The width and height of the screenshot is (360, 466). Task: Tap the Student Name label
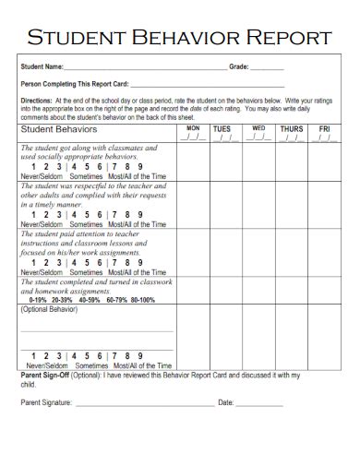click(x=42, y=66)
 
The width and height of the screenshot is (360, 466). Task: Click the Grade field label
click(x=238, y=66)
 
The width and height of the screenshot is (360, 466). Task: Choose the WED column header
click(x=258, y=127)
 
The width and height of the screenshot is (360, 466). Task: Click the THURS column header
click(x=291, y=128)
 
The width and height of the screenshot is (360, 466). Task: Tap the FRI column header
click(x=324, y=128)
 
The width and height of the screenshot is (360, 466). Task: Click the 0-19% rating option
click(x=39, y=300)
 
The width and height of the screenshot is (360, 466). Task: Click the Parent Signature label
click(x=46, y=402)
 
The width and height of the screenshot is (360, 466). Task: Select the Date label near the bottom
click(x=225, y=402)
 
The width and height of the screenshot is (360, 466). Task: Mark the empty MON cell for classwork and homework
click(x=192, y=290)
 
